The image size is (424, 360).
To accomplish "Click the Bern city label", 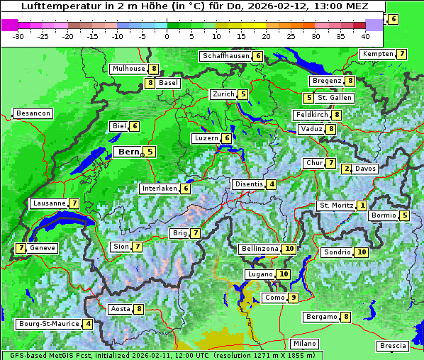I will pos(129,152).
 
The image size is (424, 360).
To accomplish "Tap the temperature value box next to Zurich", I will pos(243,94).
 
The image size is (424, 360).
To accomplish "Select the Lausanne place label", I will pos(49,203).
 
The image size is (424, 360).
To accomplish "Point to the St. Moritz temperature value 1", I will pos(362,206).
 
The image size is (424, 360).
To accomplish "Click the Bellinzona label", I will pos(260,249).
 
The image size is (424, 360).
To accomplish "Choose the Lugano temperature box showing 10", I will pos(284,274).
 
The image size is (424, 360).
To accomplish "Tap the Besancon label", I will pos(33,113).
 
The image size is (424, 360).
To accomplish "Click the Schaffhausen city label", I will pos(225,56).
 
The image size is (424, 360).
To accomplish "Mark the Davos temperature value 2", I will pos(347,169).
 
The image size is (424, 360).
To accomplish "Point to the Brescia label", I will pos(393,345).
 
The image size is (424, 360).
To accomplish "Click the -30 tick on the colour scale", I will pos(18,36).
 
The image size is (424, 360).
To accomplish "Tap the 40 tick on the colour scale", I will pos(365,36).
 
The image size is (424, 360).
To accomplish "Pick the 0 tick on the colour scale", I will pos(167,36).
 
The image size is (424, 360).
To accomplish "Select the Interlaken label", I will pos(159,189).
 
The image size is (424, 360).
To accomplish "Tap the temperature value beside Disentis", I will pos(272,184).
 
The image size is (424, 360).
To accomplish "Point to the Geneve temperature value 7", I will pos(21,248).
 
